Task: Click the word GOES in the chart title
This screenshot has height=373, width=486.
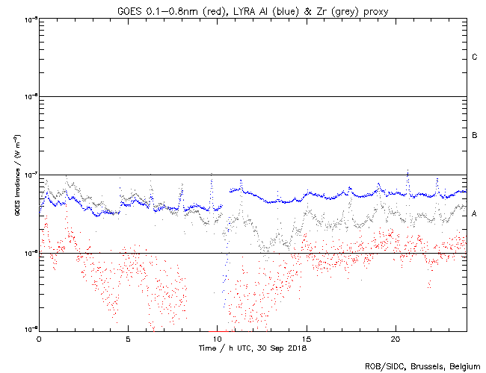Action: tap(129, 10)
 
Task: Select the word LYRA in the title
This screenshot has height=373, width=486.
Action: tap(238, 10)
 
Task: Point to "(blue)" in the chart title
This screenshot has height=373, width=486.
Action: tap(283, 10)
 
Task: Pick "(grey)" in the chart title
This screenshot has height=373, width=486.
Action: tap(342, 10)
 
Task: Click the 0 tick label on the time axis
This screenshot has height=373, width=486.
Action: tap(39, 339)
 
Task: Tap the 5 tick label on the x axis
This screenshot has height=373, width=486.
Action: tap(128, 339)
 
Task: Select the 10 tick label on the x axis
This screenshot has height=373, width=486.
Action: tap(218, 339)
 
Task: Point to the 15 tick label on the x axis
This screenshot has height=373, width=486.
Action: tap(307, 339)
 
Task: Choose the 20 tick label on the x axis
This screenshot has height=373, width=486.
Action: tap(396, 339)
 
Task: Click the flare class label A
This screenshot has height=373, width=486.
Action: tap(475, 214)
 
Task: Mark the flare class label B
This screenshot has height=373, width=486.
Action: tap(475, 136)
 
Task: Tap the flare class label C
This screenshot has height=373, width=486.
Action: tap(475, 57)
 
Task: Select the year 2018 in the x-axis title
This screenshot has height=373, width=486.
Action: tap(296, 348)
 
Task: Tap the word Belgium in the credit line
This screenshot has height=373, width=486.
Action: tap(462, 366)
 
